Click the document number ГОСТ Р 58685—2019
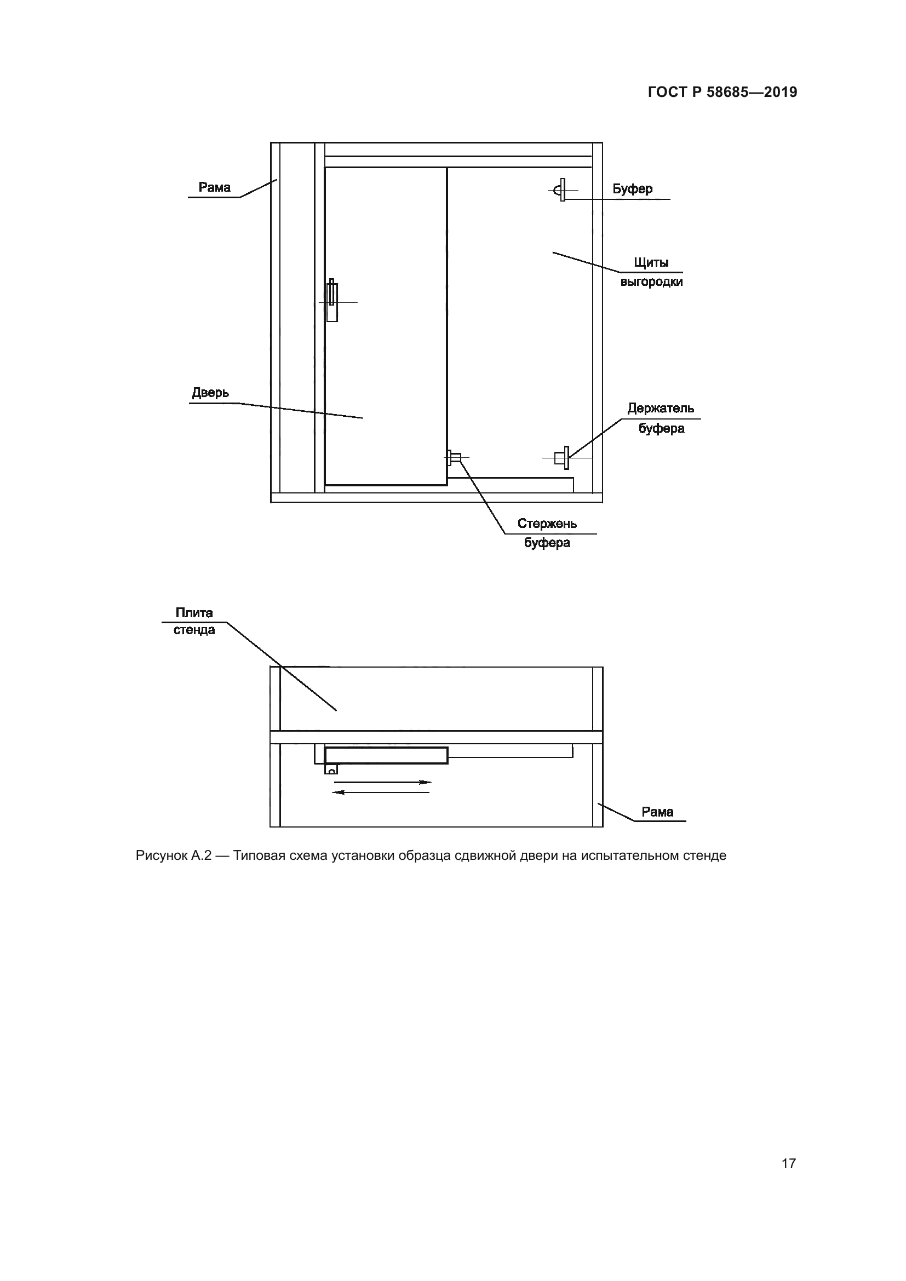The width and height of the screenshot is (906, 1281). pos(722,92)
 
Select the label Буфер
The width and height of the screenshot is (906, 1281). pos(632,189)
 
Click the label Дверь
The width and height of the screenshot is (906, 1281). pos(210,393)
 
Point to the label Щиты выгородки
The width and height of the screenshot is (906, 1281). pos(651,272)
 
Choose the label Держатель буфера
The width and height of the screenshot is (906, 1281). pos(661,418)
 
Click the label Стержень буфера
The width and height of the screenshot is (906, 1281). pos(547,533)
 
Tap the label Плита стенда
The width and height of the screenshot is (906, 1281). pos(194,621)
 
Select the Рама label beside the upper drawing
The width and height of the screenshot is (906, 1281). pos(215,187)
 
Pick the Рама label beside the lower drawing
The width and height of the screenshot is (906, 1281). pos(657,812)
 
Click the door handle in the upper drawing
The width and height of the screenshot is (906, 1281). pos(332,301)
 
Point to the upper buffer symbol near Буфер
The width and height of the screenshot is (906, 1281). pos(560,190)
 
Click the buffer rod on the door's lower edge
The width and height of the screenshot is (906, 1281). pos(455,458)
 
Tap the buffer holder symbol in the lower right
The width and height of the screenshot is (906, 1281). pos(563,458)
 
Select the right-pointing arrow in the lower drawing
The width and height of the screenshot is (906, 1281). pos(383,782)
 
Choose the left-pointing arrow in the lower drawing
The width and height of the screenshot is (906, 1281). pos(382,792)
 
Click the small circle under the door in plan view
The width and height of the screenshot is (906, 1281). pos(332,771)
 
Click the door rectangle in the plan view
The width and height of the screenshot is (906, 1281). pos(386,755)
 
